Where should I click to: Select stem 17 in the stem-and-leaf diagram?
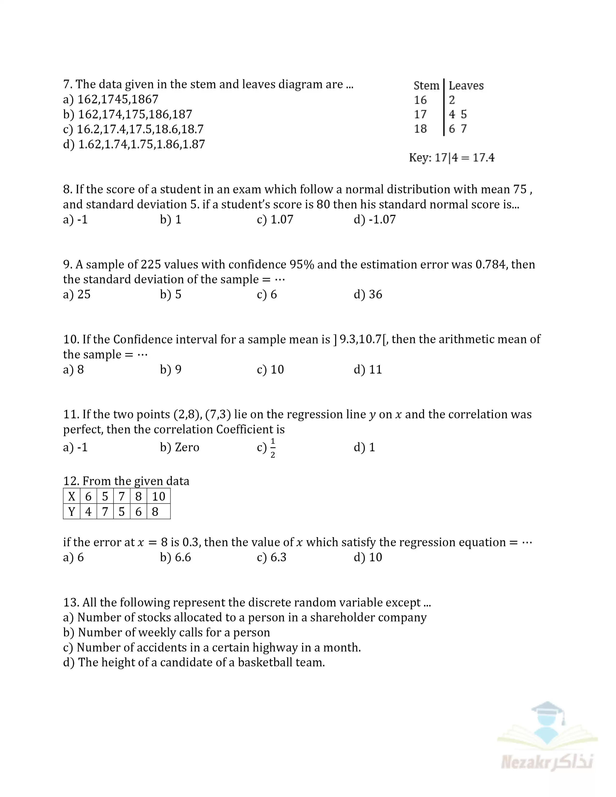tap(420, 114)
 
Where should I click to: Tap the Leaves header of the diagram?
tap(466, 85)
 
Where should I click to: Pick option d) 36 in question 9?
tap(368, 294)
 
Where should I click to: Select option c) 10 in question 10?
tap(270, 369)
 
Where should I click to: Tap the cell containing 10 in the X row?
tap(159, 496)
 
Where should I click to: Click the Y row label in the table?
tap(72, 512)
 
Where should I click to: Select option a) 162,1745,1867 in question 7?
tap(111, 99)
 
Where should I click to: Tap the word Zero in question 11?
tap(187, 447)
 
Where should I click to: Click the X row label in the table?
tap(72, 496)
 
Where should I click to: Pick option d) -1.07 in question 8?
tap(375, 219)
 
